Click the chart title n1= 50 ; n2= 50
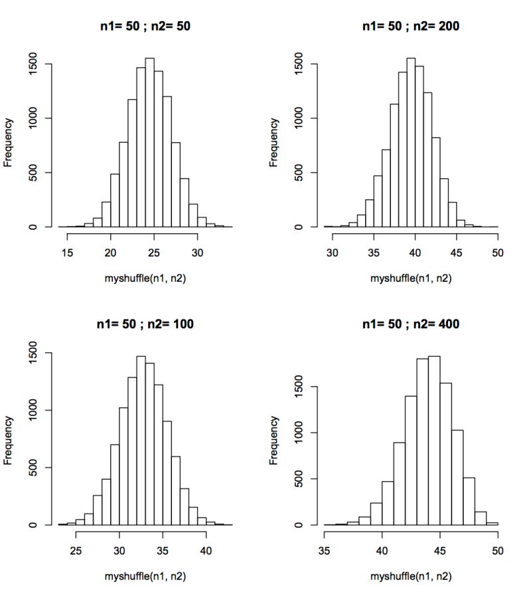pyautogui.click(x=145, y=27)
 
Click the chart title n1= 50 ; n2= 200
pyautogui.click(x=411, y=27)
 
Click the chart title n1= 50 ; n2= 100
pyautogui.click(x=145, y=324)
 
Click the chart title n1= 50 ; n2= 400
pyautogui.click(x=411, y=324)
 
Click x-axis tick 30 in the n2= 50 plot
pyautogui.click(x=197, y=252)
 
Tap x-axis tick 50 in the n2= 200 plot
pyautogui.click(x=498, y=252)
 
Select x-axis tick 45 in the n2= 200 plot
pyautogui.click(x=457, y=252)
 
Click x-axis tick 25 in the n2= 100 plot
pyautogui.click(x=76, y=550)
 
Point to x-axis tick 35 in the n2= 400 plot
pyautogui.click(x=325, y=550)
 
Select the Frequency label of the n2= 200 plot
pyautogui.click(x=274, y=142)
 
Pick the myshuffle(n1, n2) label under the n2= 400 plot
pyautogui.click(x=411, y=576)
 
